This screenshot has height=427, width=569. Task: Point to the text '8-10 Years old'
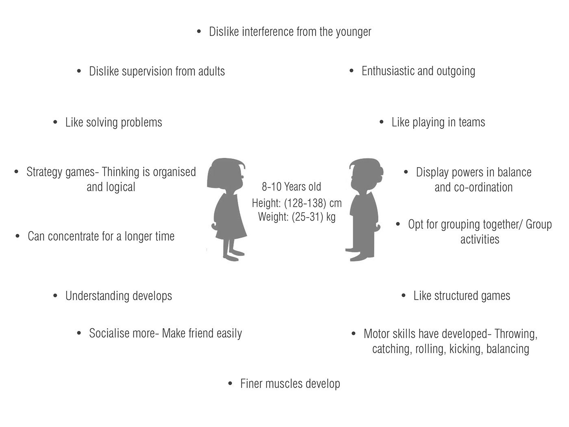pos(291,187)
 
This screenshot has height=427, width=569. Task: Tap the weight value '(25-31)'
pos(307,217)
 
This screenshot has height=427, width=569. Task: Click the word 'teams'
pos(472,122)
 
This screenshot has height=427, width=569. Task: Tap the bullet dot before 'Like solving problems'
pos(55,122)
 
